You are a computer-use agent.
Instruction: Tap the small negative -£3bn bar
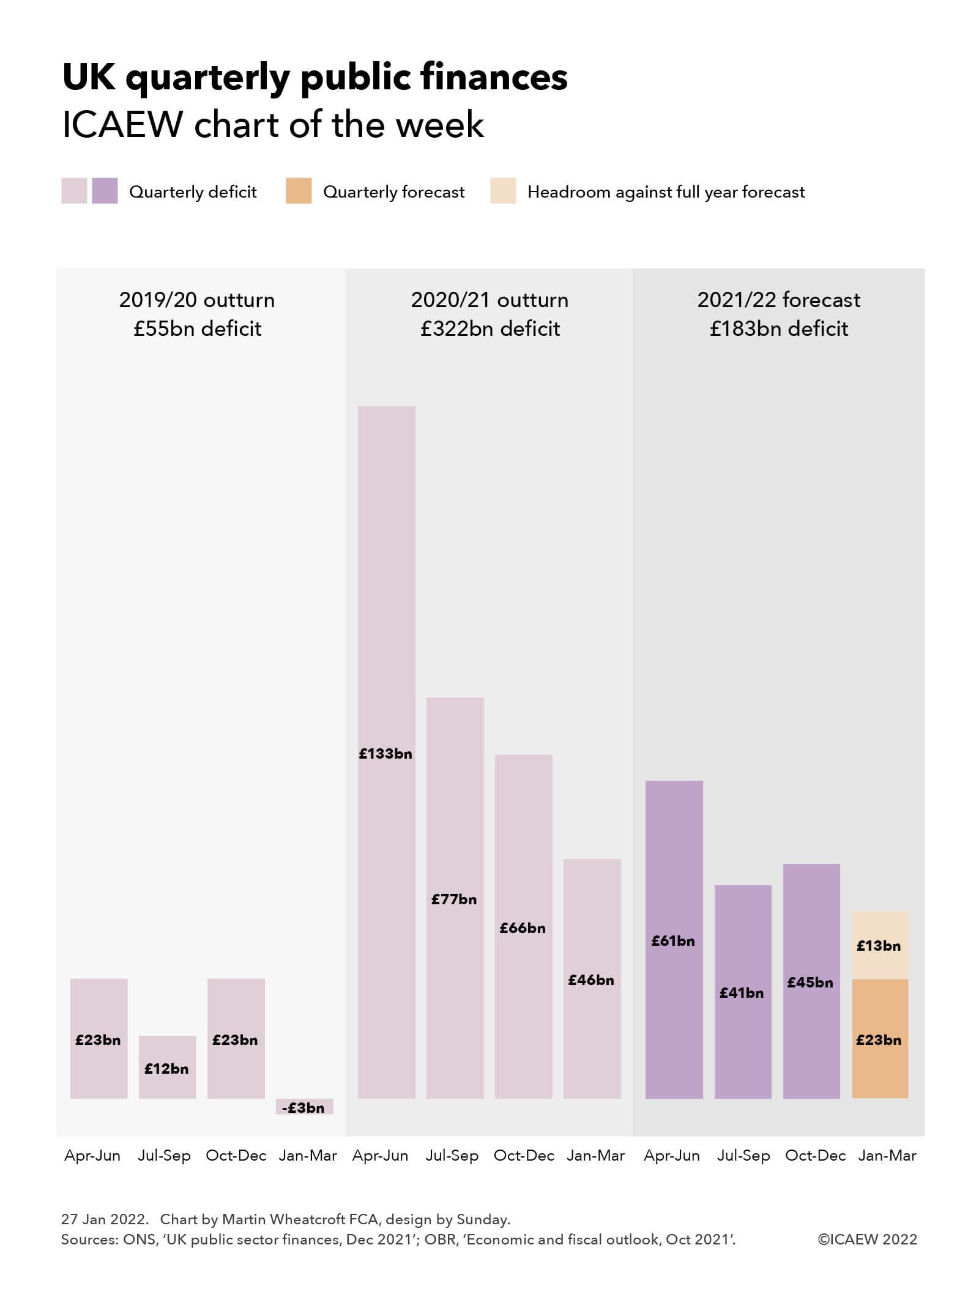[x=304, y=1107]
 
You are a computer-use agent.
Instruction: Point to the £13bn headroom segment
[x=880, y=945]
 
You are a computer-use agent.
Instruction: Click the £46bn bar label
[x=591, y=980]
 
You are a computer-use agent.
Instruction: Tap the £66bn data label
[x=523, y=928]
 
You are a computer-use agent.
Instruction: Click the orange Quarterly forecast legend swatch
[x=299, y=191]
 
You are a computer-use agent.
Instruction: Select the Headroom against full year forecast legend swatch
[x=503, y=191]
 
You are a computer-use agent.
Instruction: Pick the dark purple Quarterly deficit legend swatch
[x=105, y=191]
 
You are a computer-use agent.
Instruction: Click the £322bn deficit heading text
[x=490, y=329]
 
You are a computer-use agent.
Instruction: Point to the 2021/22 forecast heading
[x=778, y=300]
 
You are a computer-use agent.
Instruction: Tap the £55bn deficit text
[x=197, y=329]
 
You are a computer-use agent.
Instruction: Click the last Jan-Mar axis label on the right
[x=887, y=1156]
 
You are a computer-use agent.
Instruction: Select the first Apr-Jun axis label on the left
[x=92, y=1156]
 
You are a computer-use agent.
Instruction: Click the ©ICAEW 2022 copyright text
[x=867, y=1240]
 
